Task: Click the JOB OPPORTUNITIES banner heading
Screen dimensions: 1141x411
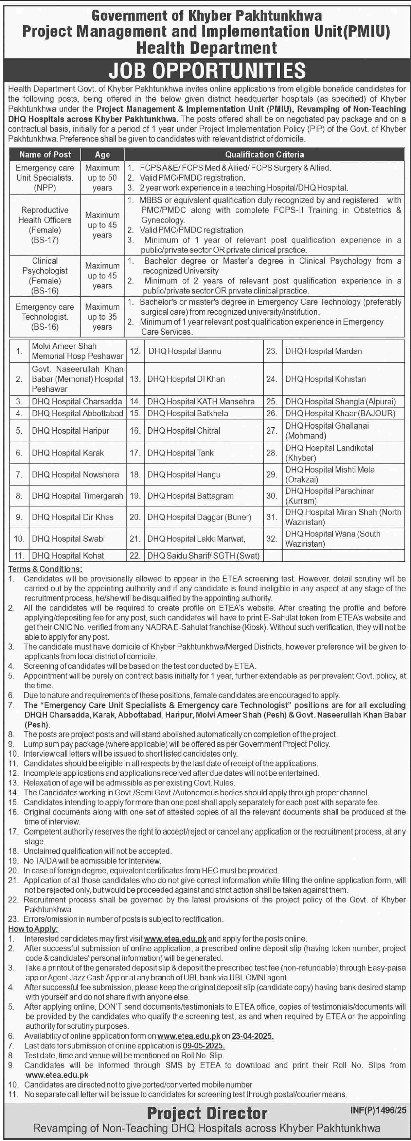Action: (207, 70)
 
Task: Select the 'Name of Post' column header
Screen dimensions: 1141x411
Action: (45, 154)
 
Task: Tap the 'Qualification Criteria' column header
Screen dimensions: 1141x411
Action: (264, 154)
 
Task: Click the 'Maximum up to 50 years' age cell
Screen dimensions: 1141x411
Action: (102, 178)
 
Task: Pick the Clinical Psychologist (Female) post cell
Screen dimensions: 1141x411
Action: (45, 276)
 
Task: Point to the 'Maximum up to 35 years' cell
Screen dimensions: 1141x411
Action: (102, 317)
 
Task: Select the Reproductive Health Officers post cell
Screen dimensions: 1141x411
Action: (45, 225)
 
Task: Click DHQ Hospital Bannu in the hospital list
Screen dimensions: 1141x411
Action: (185, 351)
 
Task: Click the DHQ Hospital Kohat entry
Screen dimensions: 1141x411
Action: (68, 556)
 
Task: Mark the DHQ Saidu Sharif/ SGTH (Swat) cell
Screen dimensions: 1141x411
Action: (203, 556)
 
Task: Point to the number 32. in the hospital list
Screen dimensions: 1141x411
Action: (272, 539)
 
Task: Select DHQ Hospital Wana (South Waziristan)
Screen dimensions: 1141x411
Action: (333, 539)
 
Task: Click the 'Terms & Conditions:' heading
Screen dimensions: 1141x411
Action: (45, 569)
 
